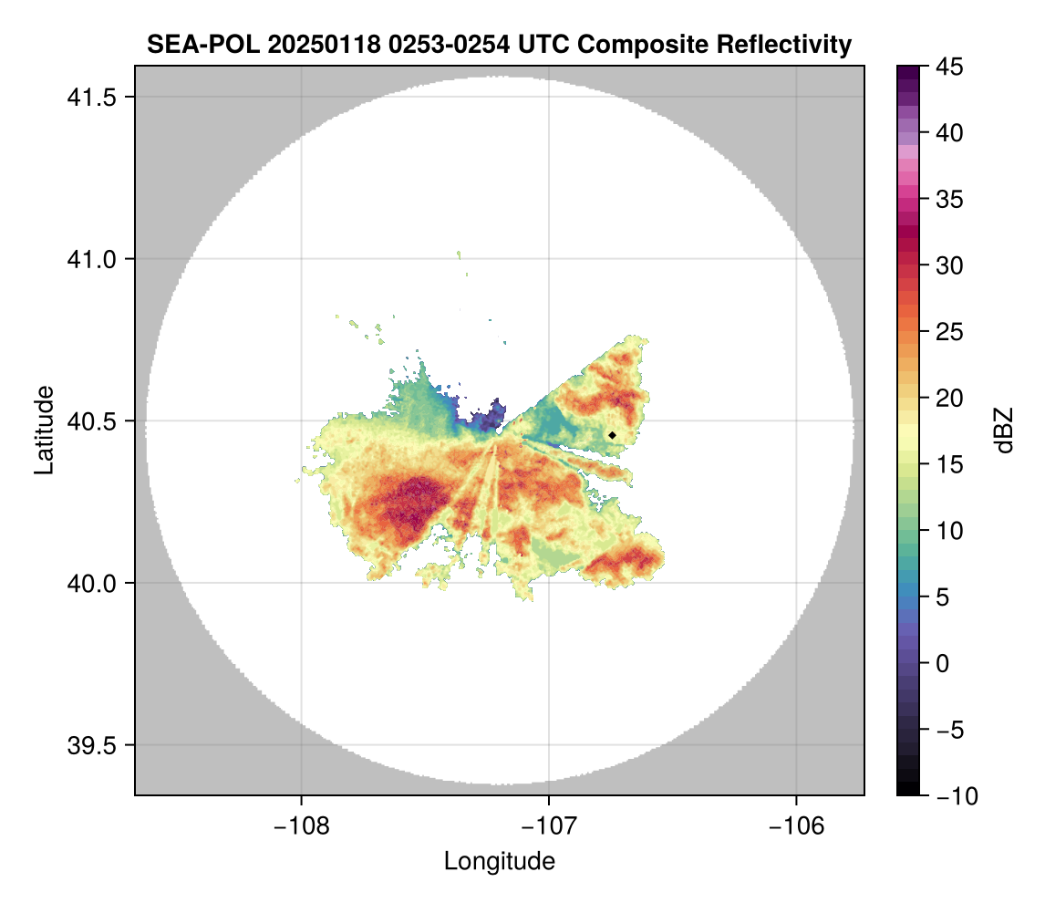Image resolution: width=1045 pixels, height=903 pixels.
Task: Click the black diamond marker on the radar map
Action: pos(612,435)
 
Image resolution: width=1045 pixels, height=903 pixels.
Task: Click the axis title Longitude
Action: pos(500,861)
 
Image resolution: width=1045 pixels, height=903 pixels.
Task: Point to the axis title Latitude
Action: pos(44,430)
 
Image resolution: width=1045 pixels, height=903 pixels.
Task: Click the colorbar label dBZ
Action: pos(1004,431)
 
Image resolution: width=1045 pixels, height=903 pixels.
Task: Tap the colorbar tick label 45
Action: pos(951,67)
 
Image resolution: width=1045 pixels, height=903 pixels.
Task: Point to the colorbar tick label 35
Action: pos(951,200)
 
